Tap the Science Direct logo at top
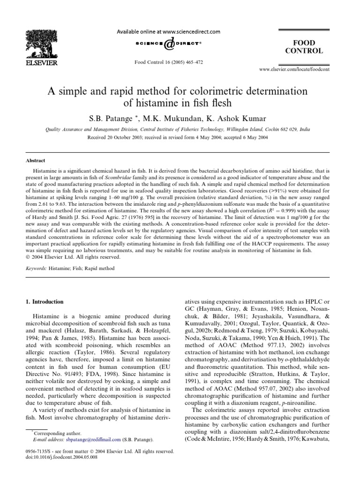pos(168,43)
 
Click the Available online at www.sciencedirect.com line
pos(168,32)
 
